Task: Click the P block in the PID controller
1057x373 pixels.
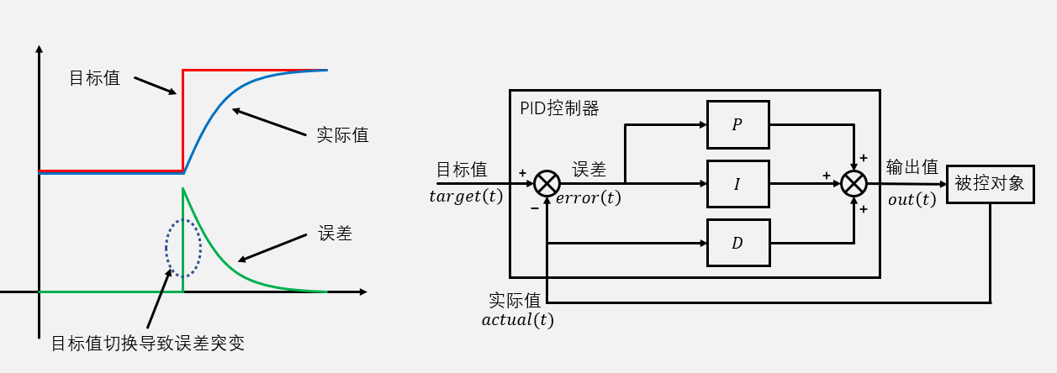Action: pyautogui.click(x=737, y=124)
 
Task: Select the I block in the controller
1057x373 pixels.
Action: pyautogui.click(x=737, y=183)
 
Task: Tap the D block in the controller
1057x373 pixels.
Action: pyautogui.click(x=737, y=244)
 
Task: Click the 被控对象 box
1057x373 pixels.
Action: pyautogui.click(x=990, y=184)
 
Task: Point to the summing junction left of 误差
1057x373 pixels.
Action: pyautogui.click(x=547, y=183)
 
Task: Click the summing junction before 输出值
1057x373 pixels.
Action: pyautogui.click(x=854, y=183)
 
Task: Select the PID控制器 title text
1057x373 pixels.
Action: pyautogui.click(x=559, y=108)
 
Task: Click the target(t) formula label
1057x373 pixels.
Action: pyautogui.click(x=466, y=197)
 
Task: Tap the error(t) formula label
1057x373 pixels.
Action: pyautogui.click(x=589, y=198)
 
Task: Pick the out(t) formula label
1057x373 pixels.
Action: pyautogui.click(x=912, y=199)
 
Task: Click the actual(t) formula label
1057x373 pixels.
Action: pyautogui.click(x=517, y=319)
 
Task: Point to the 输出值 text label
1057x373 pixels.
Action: pyautogui.click(x=912, y=167)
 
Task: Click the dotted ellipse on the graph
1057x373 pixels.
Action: pyautogui.click(x=182, y=248)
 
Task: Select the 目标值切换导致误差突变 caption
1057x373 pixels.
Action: pyautogui.click(x=148, y=343)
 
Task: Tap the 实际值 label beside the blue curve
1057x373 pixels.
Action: pyautogui.click(x=342, y=134)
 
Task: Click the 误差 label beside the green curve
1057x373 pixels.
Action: pyautogui.click(x=335, y=234)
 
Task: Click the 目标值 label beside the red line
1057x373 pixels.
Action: pyautogui.click(x=94, y=78)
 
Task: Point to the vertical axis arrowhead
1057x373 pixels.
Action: pyautogui.click(x=39, y=50)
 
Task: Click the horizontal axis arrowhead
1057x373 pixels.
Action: pyautogui.click(x=362, y=292)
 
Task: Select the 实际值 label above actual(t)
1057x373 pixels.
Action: pyautogui.click(x=515, y=300)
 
